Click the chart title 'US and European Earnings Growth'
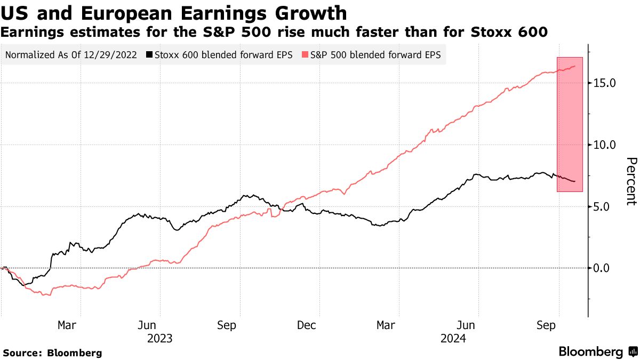174,12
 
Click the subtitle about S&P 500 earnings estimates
274,32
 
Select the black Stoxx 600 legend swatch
150,55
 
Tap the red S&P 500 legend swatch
306,55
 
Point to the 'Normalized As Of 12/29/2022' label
72,55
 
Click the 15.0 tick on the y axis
605,83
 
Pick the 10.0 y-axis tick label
605,145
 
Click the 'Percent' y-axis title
631,181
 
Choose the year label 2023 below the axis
159,338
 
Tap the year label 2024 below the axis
453,338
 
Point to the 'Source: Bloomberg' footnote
52,353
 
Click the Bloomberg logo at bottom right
598,352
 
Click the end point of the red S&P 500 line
575,66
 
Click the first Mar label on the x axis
67,325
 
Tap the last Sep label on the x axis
545,325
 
